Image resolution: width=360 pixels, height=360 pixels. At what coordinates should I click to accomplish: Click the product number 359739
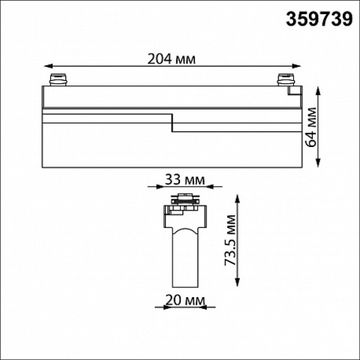click(x=319, y=20)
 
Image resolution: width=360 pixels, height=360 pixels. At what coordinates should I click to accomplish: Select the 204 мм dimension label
click(x=172, y=59)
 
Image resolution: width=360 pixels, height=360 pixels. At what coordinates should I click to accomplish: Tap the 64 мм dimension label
click(x=312, y=127)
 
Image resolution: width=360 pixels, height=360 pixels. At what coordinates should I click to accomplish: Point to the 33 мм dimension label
click(x=185, y=180)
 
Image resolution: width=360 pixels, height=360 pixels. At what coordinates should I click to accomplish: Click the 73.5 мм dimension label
click(x=230, y=240)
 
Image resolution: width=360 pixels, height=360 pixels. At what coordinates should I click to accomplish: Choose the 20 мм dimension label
click(x=185, y=300)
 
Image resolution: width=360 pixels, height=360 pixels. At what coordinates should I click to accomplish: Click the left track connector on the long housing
click(x=58, y=79)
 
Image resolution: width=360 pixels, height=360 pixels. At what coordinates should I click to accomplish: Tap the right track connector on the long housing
click(x=286, y=79)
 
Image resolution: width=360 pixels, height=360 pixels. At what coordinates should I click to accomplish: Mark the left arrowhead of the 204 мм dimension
click(x=48, y=66)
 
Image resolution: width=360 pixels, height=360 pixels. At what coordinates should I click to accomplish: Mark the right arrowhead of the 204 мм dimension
click(x=296, y=66)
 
